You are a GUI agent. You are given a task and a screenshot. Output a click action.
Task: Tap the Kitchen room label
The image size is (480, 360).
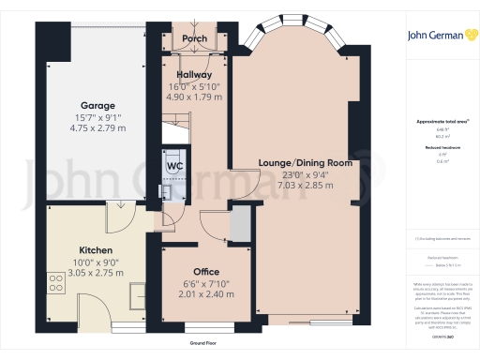97,251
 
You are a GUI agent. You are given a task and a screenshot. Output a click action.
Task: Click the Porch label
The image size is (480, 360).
194,39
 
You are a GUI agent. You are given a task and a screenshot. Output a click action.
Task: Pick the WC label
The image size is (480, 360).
174,167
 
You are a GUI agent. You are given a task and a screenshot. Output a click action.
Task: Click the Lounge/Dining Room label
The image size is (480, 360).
305,162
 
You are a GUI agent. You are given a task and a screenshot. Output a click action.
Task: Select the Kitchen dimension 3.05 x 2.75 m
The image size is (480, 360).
97,274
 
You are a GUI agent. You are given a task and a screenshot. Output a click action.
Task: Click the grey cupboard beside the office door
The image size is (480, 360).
240,224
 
